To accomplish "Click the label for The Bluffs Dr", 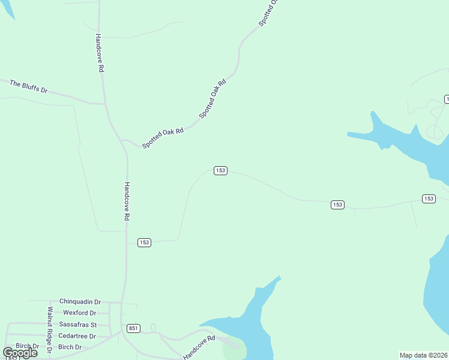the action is click(x=28, y=86).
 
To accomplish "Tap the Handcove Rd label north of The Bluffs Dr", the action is click(x=100, y=53).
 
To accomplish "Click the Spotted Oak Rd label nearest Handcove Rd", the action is click(x=163, y=138).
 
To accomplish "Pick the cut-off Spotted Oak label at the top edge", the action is click(x=269, y=13).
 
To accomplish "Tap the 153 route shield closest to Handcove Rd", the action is click(x=144, y=242).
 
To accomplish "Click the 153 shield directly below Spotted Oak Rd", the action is click(x=220, y=171).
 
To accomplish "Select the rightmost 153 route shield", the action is click(x=428, y=199).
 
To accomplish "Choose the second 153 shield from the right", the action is click(x=337, y=205).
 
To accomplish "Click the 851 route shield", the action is click(x=133, y=328).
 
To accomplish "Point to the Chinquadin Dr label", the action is click(x=80, y=302).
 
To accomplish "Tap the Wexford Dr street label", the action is click(x=79, y=313).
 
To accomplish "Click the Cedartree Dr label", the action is click(x=77, y=336).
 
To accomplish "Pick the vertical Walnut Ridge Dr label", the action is click(x=50, y=328).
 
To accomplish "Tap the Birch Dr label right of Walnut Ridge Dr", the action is click(x=70, y=347).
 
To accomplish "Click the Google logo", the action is click(x=20, y=353).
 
